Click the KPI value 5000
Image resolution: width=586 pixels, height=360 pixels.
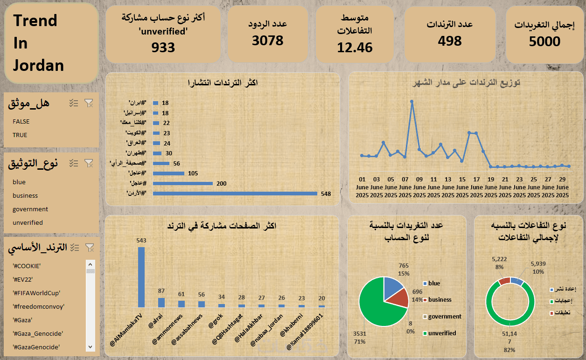click(544, 42)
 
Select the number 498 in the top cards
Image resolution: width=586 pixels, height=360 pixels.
click(450, 41)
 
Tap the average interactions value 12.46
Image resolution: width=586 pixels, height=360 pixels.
click(355, 48)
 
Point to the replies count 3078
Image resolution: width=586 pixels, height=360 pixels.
click(268, 41)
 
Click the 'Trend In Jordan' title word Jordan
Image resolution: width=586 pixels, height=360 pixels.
click(38, 65)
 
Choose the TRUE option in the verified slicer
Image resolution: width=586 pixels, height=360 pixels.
click(20, 135)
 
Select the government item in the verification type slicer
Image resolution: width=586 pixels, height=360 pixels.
click(30, 209)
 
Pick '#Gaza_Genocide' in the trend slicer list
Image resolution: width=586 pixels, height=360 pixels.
click(38, 333)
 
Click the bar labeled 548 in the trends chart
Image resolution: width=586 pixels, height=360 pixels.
click(235, 194)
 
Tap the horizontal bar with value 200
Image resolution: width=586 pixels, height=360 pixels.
click(182, 184)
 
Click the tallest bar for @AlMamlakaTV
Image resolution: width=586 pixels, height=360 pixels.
click(141, 277)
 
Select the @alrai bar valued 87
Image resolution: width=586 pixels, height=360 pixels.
click(161, 302)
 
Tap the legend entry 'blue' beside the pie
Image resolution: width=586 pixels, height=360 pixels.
click(434, 283)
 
